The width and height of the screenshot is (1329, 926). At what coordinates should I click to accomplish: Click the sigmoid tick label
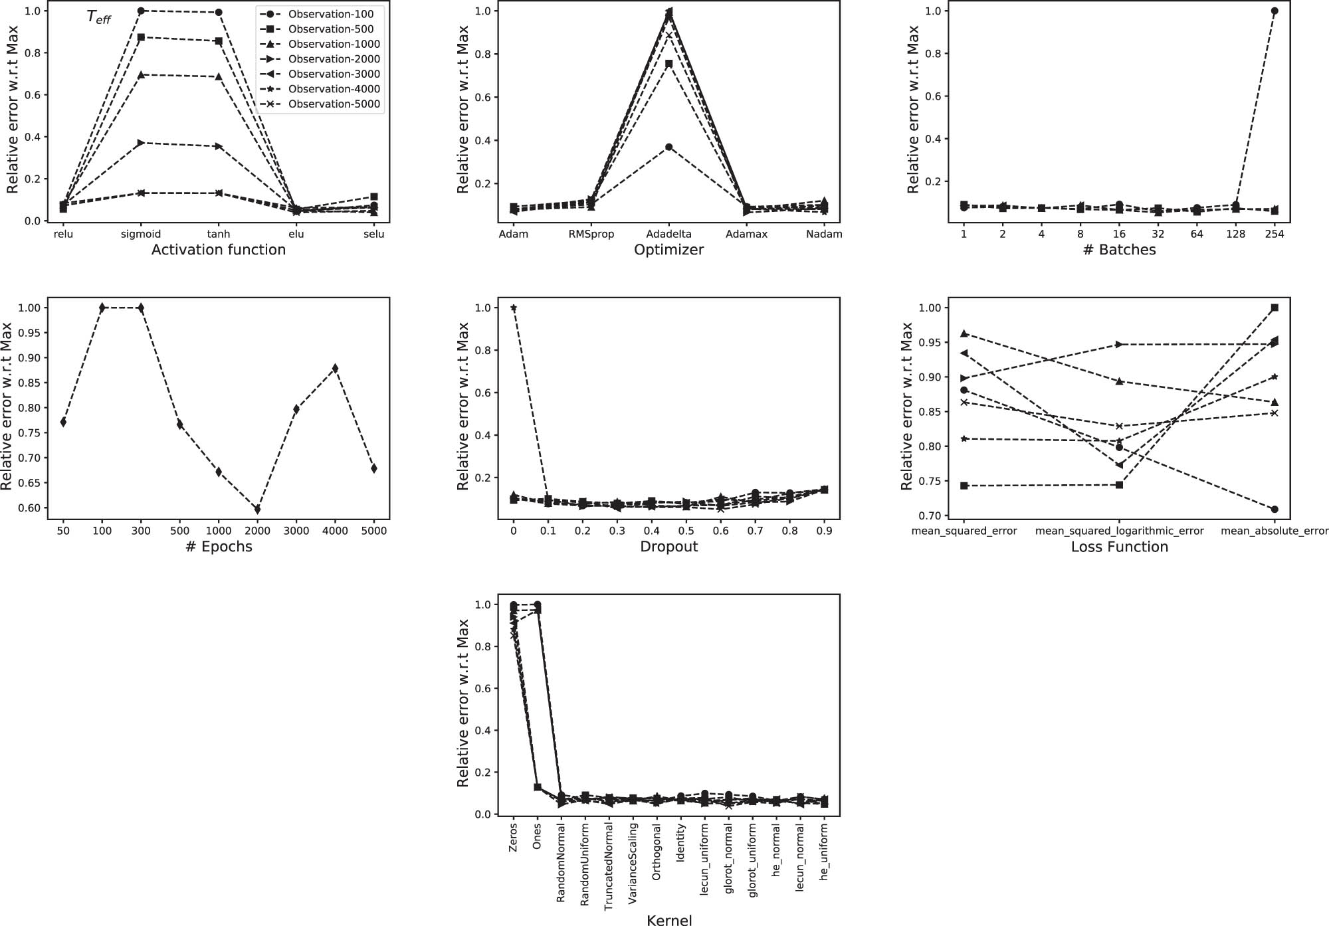[x=141, y=234]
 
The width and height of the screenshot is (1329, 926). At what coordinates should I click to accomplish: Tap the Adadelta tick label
[x=668, y=234]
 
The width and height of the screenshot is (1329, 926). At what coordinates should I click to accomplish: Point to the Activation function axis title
[x=219, y=250]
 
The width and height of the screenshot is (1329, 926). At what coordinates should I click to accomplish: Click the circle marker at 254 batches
[x=1274, y=11]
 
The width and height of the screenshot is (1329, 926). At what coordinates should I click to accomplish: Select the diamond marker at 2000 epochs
[x=258, y=509]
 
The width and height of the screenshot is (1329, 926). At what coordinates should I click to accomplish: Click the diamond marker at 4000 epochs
[x=335, y=368]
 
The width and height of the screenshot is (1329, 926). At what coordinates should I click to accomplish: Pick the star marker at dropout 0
[x=513, y=308]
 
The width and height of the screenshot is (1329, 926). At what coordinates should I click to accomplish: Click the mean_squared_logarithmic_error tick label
[x=1119, y=531]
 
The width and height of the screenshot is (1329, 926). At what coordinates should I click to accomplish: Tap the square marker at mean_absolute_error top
[x=1274, y=308]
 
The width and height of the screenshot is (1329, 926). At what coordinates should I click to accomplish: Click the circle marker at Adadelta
[x=669, y=147]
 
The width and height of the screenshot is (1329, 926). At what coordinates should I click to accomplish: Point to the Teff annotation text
[x=98, y=18]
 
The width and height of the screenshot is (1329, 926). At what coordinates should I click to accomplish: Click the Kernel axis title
[x=669, y=919]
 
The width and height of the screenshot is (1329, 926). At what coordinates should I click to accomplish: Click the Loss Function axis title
[x=1119, y=547]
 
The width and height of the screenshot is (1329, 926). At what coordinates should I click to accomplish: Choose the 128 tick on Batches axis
[x=1235, y=234]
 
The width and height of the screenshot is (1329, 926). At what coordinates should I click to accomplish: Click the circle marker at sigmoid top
[x=141, y=11]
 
